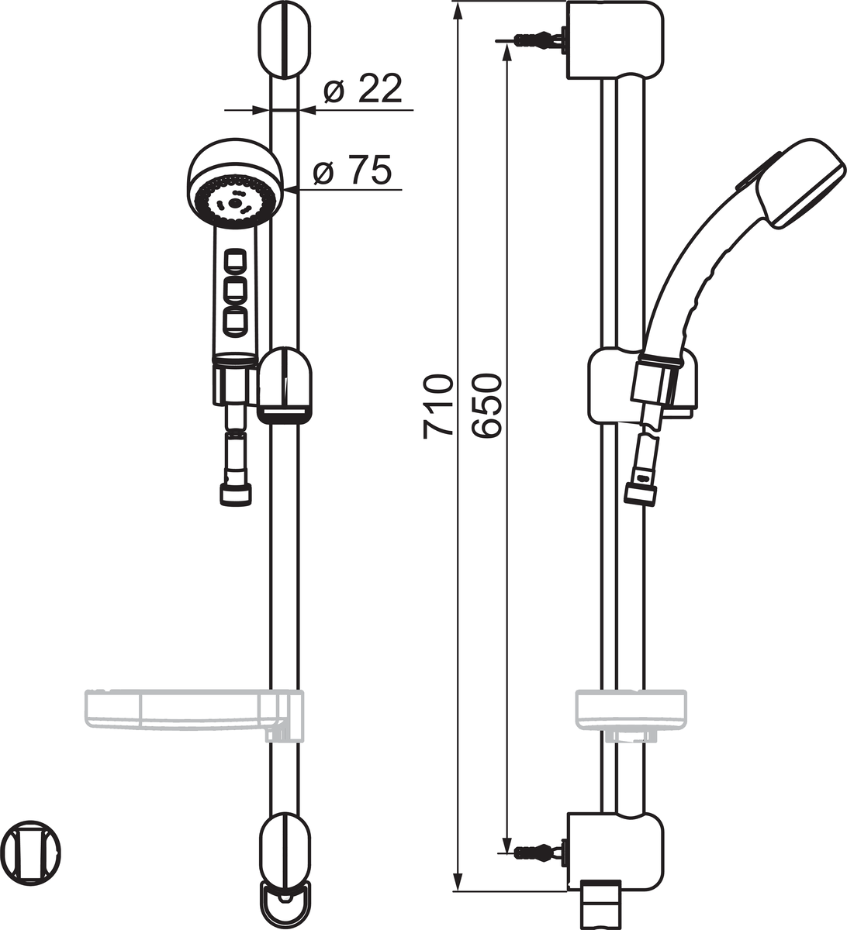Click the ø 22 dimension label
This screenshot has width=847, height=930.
362,88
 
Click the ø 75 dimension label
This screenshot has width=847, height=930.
352,170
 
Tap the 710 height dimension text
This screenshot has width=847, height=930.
437,406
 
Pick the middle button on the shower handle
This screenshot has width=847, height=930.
235,290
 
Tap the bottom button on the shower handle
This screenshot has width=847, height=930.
235,320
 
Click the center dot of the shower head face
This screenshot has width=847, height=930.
235,202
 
